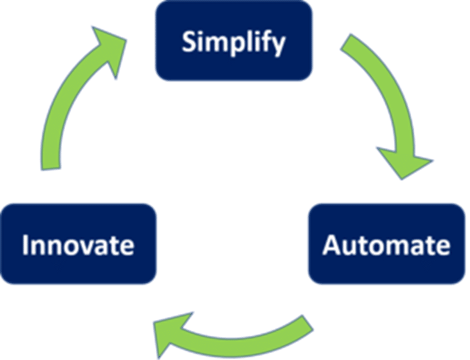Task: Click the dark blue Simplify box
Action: pos(234,41)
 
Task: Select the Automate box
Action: pos(386,244)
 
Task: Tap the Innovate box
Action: pos(78,244)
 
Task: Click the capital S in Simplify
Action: pos(188,42)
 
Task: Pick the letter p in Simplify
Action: pos(236,45)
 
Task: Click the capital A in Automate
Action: pos(331,245)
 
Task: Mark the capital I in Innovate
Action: pos(25,245)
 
